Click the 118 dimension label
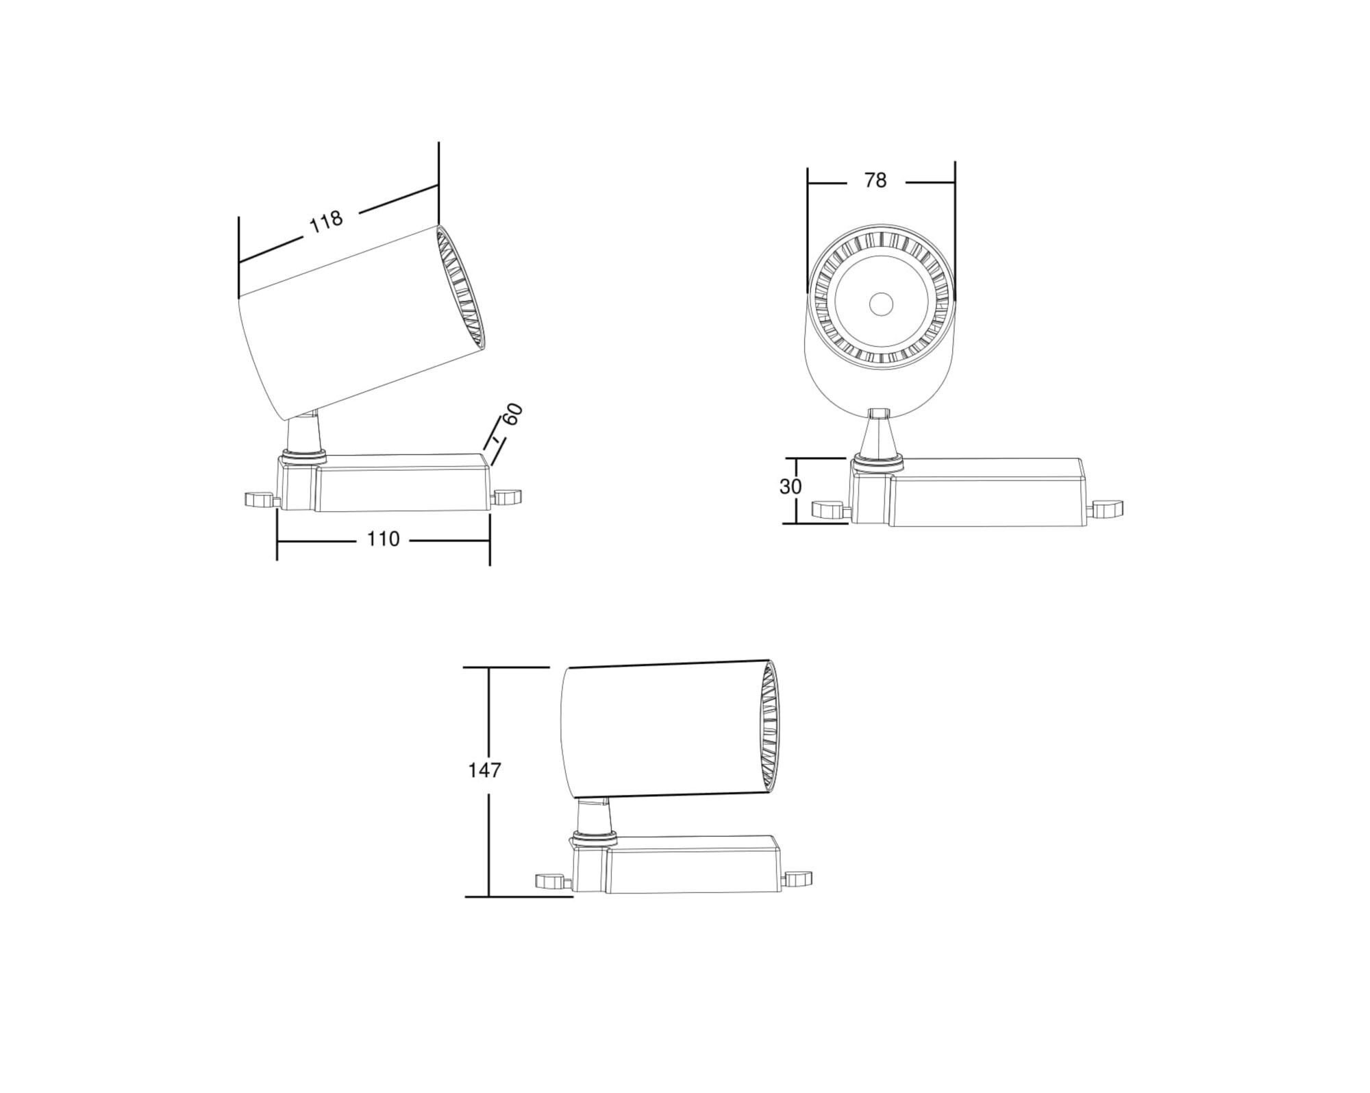pyautogui.click(x=326, y=221)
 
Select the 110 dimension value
pyautogui.click(x=383, y=539)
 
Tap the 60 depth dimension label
pyautogui.click(x=512, y=415)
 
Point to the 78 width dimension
pyautogui.click(x=875, y=180)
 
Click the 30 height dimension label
pyautogui.click(x=790, y=487)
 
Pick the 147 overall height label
pyautogui.click(x=484, y=770)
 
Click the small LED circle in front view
pyautogui.click(x=881, y=304)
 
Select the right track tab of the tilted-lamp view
pyautogui.click(x=508, y=496)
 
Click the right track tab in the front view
pyautogui.click(x=1108, y=508)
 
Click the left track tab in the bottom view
pyautogui.click(x=551, y=881)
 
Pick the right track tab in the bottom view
pyautogui.click(x=799, y=878)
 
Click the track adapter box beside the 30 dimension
pyautogui.click(x=986, y=492)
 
